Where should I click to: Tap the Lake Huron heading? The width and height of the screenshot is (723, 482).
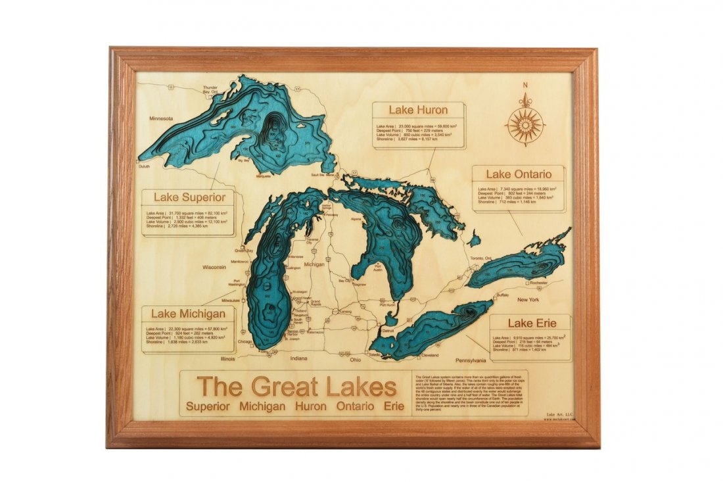(x=418, y=110)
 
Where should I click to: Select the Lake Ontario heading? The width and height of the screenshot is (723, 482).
(x=519, y=174)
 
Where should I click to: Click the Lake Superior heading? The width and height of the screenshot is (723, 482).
(x=189, y=197)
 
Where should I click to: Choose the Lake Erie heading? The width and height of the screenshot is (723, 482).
(x=532, y=323)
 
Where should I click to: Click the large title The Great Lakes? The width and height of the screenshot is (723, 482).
(x=296, y=386)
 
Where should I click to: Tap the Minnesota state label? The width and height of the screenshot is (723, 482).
(x=161, y=118)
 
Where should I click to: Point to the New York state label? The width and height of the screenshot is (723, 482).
(x=528, y=300)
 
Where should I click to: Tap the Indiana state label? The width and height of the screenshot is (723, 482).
(x=299, y=359)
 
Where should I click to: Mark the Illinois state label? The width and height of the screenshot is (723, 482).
(x=227, y=359)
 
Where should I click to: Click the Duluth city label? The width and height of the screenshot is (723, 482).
(x=144, y=166)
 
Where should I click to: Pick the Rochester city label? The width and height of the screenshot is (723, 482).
(x=538, y=283)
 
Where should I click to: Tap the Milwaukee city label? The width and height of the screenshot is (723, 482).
(x=232, y=300)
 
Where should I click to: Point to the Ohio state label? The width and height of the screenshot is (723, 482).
(x=355, y=360)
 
